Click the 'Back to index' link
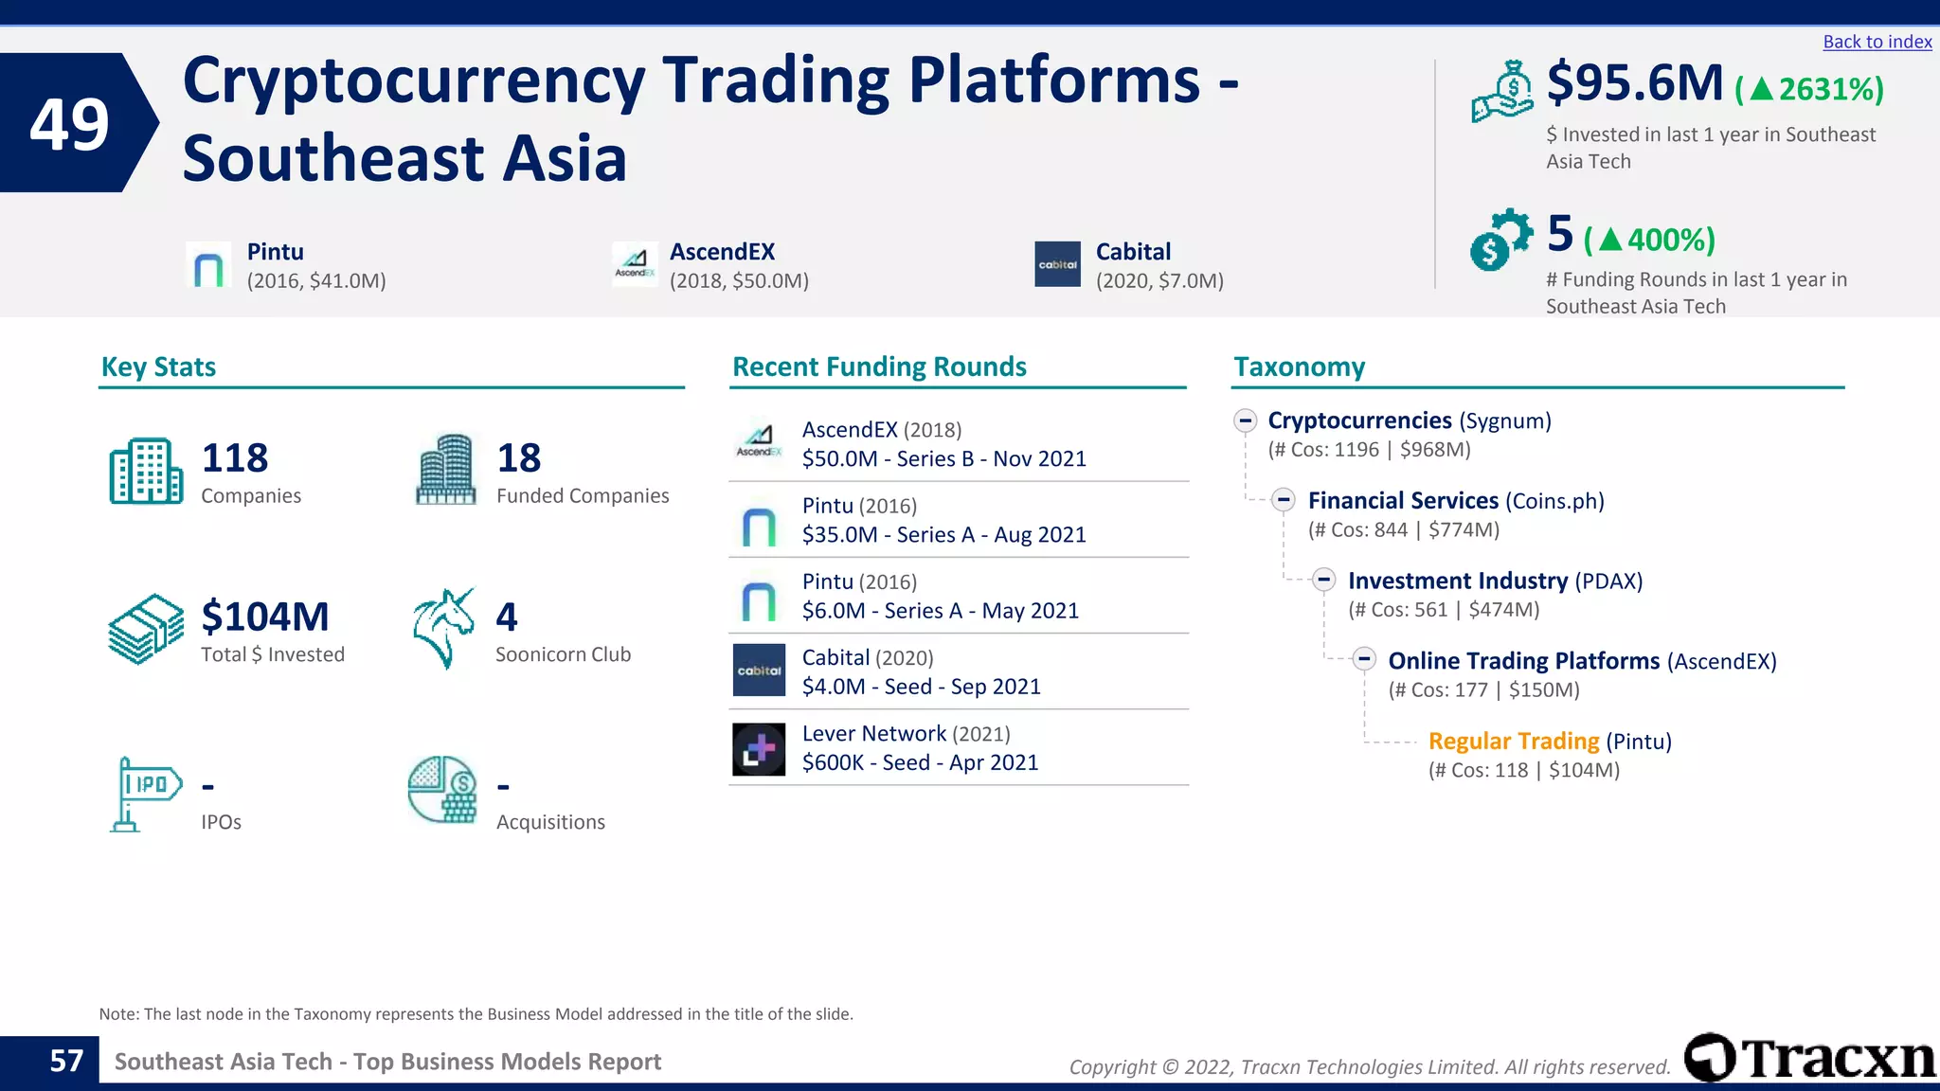[1877, 42]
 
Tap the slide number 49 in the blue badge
[69, 124]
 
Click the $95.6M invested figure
[1634, 83]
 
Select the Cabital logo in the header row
[1057, 264]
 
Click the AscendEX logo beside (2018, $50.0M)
[635, 264]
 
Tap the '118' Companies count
[235, 458]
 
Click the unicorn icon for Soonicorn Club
[443, 628]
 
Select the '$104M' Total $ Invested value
[265, 617]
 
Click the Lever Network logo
[759, 749]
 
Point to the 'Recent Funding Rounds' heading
[879, 367]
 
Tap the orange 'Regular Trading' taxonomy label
[1513, 742]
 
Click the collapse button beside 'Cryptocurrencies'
[1246, 420]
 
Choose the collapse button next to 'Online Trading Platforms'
[1364, 660]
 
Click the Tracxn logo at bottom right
[1809, 1058]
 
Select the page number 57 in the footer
[66, 1061]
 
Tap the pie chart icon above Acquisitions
[442, 790]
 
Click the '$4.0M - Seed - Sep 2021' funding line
[921, 687]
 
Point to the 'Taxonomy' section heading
[1299, 367]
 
